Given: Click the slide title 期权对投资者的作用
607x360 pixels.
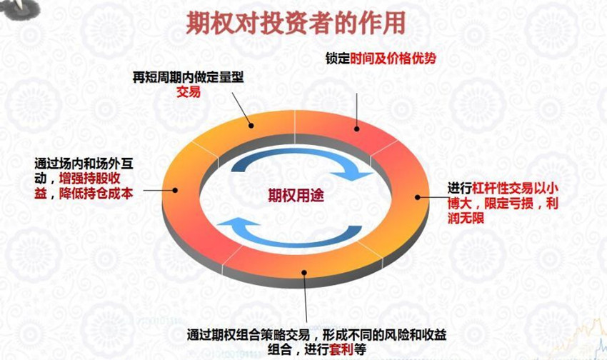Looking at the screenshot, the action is (x=296, y=23).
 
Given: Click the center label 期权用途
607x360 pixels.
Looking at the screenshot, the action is (x=296, y=196).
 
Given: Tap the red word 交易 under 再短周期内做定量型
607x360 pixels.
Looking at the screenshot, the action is (x=189, y=92).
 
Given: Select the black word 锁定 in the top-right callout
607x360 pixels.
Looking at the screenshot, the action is (x=338, y=59).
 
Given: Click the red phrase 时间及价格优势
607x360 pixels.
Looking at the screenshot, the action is (x=393, y=59).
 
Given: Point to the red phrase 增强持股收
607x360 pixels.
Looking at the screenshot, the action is (x=90, y=179).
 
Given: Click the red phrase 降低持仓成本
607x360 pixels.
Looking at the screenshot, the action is (x=96, y=193).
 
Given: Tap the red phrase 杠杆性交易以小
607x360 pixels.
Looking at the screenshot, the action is (x=516, y=189).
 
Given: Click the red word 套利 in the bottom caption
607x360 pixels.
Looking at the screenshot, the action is (x=341, y=349).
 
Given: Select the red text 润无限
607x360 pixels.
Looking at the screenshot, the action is (x=466, y=218).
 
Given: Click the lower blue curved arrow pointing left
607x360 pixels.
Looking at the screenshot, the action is (x=289, y=232).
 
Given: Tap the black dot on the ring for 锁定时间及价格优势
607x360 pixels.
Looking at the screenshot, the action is (x=356, y=129).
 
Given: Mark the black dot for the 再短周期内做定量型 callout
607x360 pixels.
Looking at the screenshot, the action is (x=251, y=126).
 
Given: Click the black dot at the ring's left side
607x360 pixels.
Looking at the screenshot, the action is (x=175, y=190).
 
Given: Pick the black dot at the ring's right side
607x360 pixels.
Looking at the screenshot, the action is (x=417, y=197).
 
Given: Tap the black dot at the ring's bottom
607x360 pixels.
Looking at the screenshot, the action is (x=304, y=273).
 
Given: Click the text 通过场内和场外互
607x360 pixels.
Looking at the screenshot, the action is (x=84, y=164).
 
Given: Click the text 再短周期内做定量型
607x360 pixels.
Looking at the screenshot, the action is (x=189, y=77).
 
